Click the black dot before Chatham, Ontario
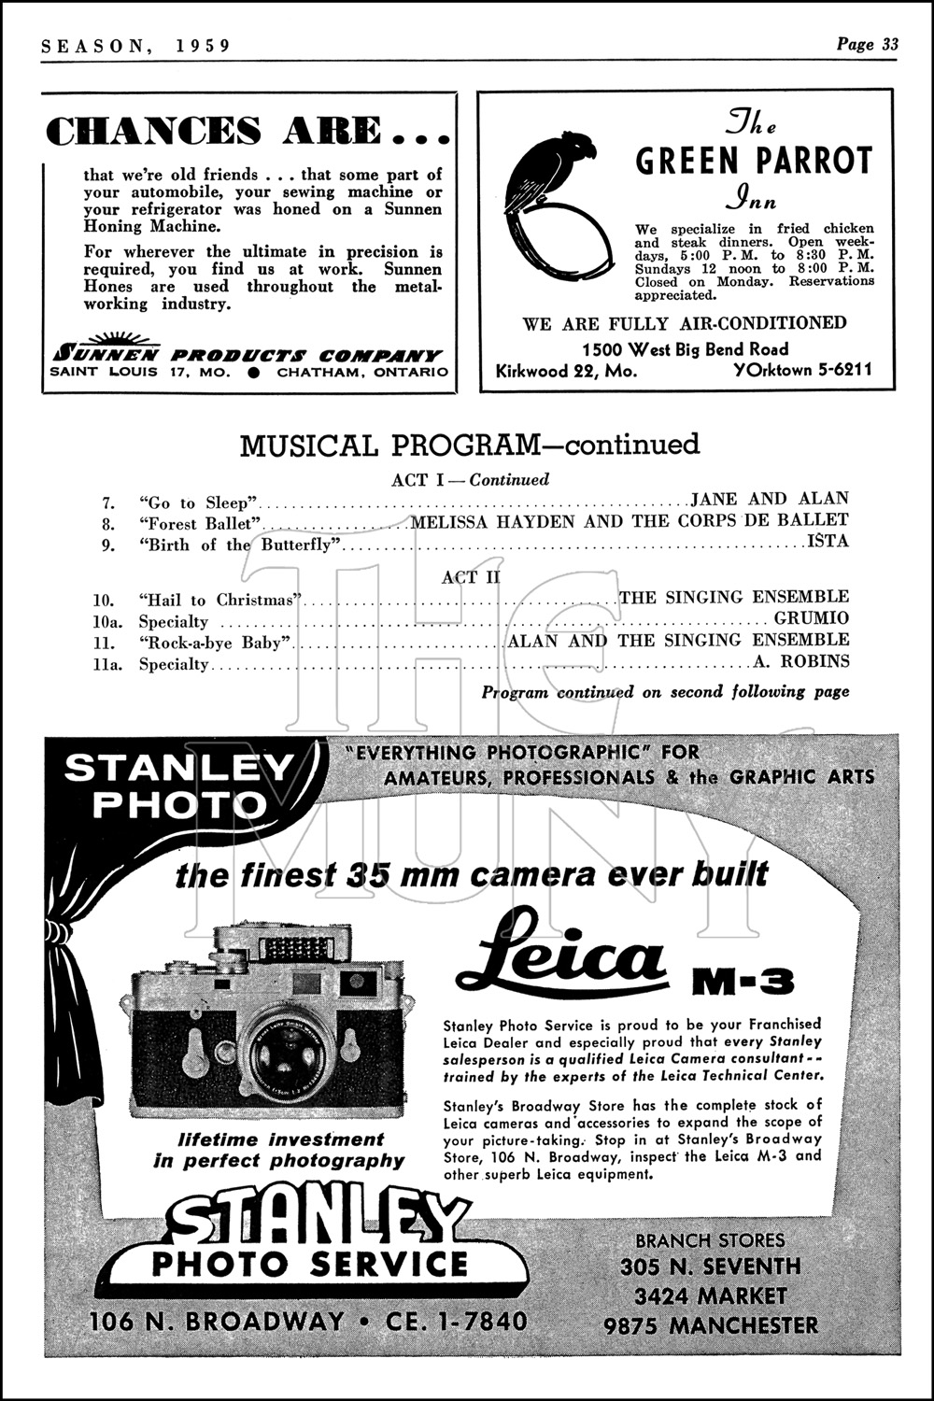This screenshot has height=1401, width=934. [253, 372]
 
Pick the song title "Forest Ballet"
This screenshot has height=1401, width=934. [200, 523]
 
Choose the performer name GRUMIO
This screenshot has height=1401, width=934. [812, 618]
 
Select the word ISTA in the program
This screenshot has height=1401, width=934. [828, 541]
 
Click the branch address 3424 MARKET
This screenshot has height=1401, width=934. [710, 1296]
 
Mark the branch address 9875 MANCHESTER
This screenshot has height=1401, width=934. [710, 1325]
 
